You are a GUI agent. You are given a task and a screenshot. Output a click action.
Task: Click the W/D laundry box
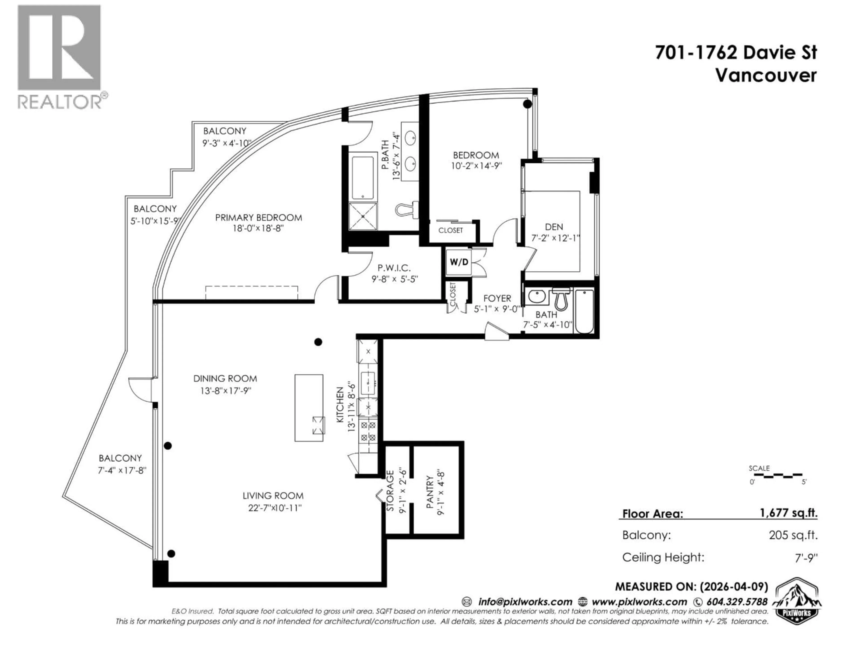pos(459,262)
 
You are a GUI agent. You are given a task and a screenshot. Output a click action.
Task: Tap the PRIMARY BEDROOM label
pos(258,218)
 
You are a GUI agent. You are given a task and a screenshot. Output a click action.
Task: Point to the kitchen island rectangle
pos(309,408)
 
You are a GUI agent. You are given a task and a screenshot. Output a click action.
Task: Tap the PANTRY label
pos(429,491)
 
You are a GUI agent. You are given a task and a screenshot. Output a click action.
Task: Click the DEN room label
pos(554,227)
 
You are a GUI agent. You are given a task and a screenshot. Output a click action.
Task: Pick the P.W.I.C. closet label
pos(394,268)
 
